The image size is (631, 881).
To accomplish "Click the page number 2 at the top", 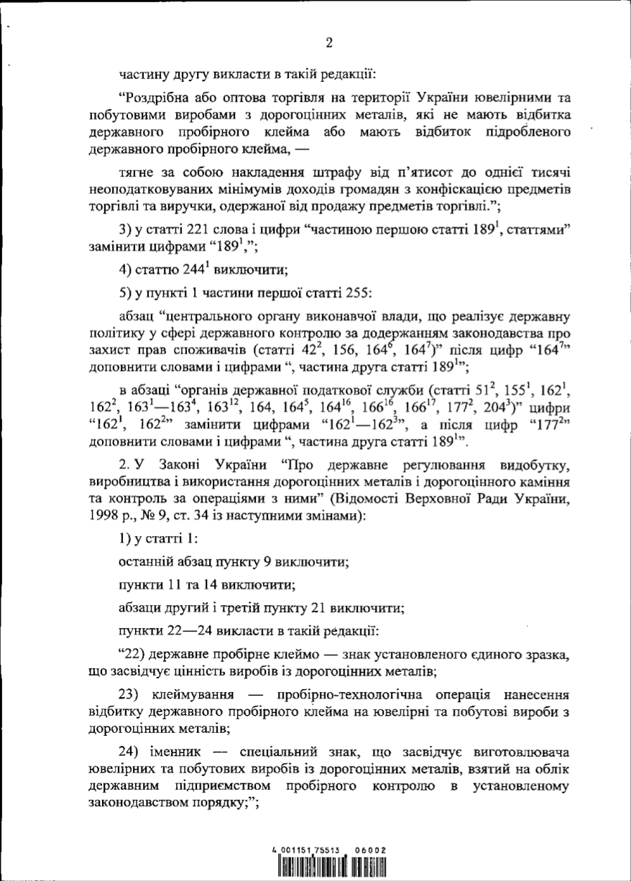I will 329,42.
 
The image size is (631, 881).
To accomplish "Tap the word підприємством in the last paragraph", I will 234,786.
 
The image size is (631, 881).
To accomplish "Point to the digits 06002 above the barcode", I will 372,849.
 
